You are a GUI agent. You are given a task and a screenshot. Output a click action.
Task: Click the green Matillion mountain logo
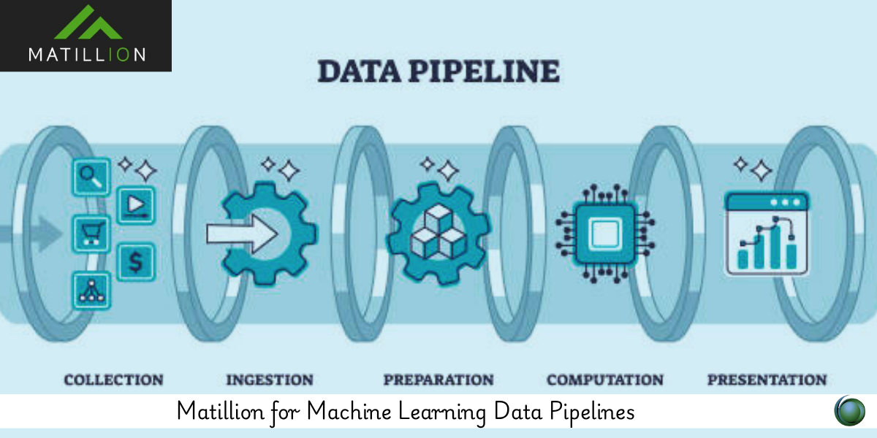88,23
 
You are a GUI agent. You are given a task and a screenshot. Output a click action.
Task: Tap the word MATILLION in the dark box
87,55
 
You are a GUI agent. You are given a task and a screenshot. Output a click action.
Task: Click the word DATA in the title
359,72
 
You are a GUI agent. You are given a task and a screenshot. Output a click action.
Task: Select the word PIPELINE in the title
485,72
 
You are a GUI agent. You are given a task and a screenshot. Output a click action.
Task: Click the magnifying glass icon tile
91,177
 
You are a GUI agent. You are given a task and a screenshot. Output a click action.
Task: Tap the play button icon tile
136,205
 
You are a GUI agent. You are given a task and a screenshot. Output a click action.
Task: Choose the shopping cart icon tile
91,234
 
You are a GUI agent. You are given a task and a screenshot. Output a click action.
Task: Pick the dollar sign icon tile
136,262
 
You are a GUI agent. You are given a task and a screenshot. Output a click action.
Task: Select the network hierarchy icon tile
91,291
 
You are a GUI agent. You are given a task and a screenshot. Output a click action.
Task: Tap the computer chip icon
605,234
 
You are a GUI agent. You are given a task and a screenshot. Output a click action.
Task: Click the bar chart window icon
767,234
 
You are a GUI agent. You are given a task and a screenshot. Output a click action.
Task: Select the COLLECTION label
113,380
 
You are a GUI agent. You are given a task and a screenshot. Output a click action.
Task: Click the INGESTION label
270,380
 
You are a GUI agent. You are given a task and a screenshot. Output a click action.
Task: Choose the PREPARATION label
438,380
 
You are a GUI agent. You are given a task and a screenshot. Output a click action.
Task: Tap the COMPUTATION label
605,380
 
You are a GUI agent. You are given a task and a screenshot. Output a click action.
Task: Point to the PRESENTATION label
767,380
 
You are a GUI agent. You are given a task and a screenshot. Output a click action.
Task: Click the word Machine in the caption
349,412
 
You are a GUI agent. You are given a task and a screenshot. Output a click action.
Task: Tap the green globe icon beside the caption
849,411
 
